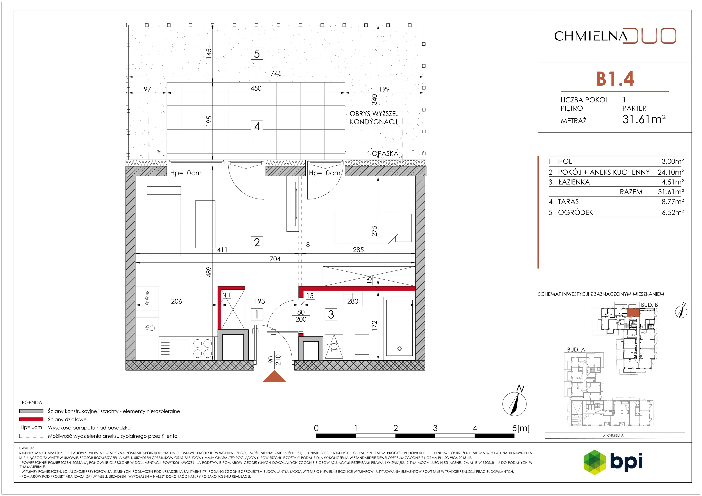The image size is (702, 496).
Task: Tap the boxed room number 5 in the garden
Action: point(257,54)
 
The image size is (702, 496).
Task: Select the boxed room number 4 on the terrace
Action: point(257,126)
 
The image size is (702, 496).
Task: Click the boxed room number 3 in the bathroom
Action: point(331,314)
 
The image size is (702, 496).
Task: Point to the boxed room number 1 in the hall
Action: point(257,314)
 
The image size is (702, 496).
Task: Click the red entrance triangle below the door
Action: point(274,376)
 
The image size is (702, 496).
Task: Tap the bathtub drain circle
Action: point(399,349)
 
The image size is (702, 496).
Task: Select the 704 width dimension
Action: point(275,259)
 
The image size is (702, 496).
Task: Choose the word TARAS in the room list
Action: point(568,202)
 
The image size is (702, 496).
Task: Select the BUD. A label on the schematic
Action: point(576,349)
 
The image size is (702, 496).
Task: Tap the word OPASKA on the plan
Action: point(385,154)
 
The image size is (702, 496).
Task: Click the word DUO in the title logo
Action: point(649,36)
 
